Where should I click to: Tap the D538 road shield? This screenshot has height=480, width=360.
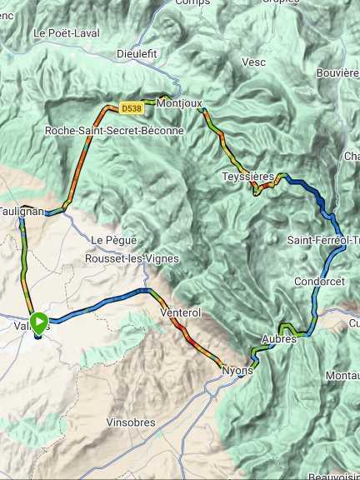tap(131, 107)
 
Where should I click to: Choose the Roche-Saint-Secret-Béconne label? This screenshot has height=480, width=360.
tap(114, 131)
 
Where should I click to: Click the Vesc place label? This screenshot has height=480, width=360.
tap(253, 62)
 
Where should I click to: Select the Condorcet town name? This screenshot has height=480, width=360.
tap(319, 282)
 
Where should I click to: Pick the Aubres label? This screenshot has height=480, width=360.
tap(279, 339)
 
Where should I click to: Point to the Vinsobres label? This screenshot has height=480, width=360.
tap(131, 422)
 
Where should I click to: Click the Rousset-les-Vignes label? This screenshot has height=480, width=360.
tap(132, 258)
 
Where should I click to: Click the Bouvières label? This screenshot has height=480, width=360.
tap(338, 73)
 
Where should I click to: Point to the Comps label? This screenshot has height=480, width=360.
tap(192, 2)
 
